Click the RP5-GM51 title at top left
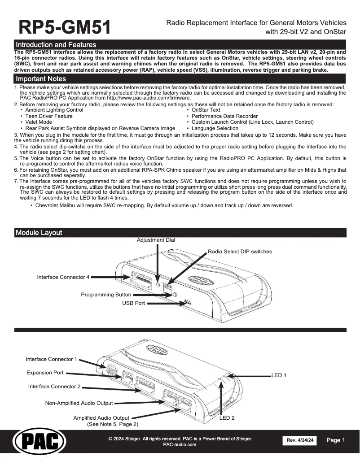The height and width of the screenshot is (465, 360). click(64, 27)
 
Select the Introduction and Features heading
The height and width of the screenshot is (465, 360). click(56, 45)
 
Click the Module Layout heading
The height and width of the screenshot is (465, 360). click(39, 233)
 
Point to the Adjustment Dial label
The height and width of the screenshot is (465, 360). click(156, 240)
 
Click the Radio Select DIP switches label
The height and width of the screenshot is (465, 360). click(240, 252)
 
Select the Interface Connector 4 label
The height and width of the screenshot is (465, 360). click(63, 277)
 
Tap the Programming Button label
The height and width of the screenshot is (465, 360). click(106, 295)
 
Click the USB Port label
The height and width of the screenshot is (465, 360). click(134, 303)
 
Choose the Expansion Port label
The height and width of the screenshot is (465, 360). click(45, 373)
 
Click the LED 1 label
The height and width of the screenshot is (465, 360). click(279, 375)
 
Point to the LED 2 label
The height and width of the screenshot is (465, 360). click(227, 417)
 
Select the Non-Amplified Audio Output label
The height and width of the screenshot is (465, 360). click(79, 403)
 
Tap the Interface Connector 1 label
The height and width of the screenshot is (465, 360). click(52, 359)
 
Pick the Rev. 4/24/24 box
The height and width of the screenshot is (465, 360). click(299, 441)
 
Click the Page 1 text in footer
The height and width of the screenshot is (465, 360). click(336, 440)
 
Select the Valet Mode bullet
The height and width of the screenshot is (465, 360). click(39, 122)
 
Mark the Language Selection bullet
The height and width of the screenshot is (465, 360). click(215, 128)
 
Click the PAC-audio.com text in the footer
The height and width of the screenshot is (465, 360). click(180, 444)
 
